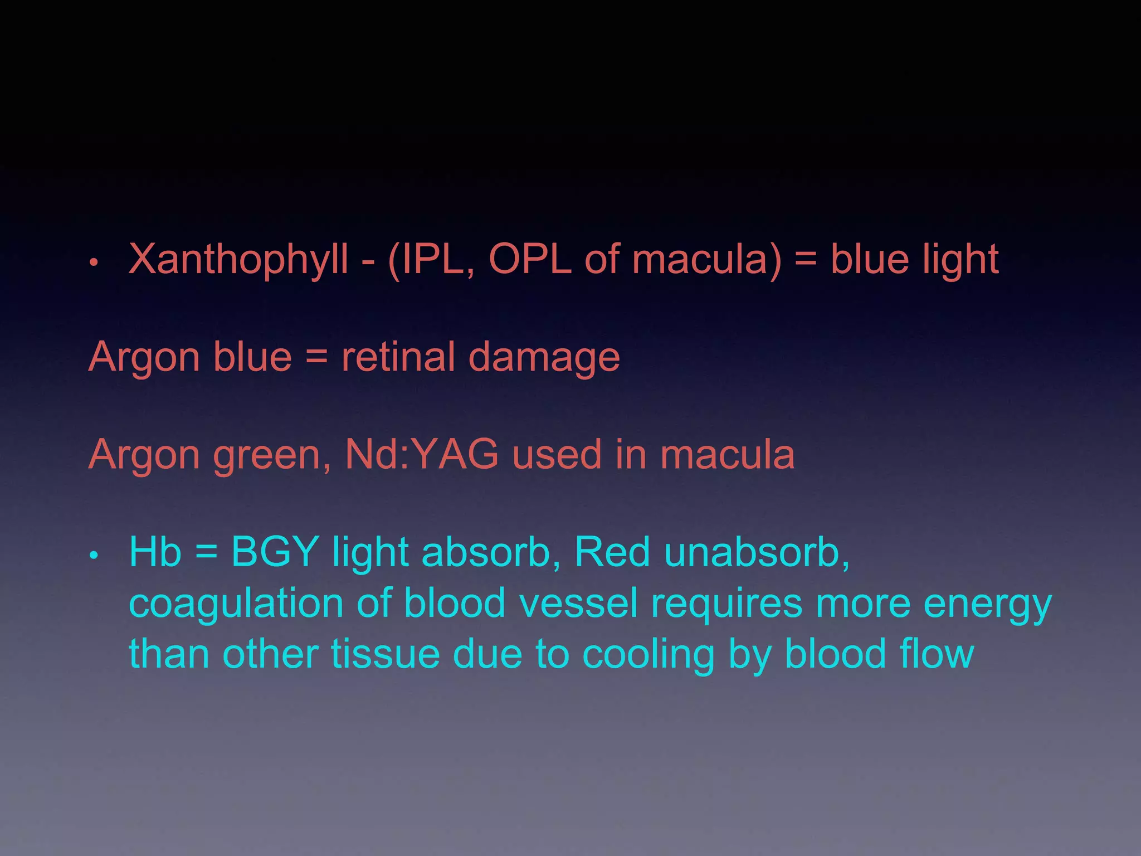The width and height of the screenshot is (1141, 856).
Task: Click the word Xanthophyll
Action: click(x=238, y=261)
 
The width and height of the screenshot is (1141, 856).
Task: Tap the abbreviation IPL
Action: click(x=436, y=260)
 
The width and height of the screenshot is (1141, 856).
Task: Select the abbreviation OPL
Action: click(x=530, y=260)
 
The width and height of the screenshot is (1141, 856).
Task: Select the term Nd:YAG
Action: click(x=422, y=455)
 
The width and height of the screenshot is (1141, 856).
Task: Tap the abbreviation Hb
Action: click(x=155, y=552)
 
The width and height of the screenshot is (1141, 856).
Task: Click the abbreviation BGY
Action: click(x=275, y=552)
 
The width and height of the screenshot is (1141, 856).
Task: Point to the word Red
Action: click(x=612, y=552)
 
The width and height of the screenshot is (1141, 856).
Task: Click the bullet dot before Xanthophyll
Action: click(x=95, y=262)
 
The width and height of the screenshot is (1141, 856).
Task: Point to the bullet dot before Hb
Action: click(x=95, y=555)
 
